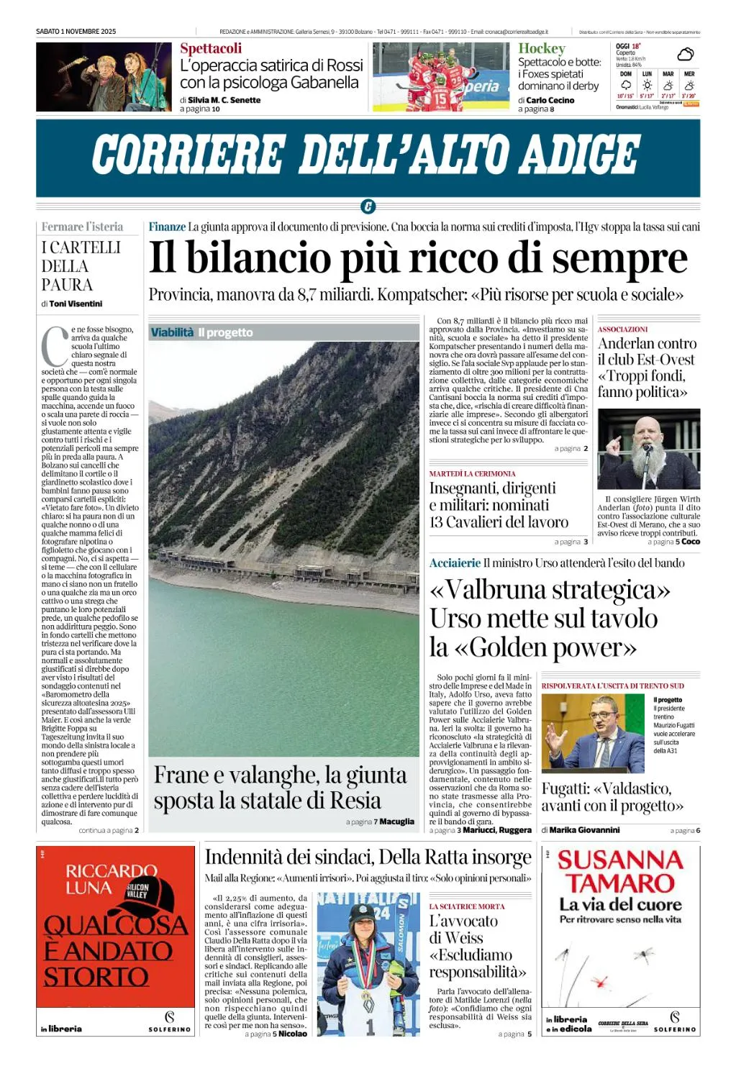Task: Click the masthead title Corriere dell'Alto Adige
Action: coord(365,155)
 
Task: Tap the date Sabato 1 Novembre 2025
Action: coord(76,32)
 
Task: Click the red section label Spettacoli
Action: coord(211,48)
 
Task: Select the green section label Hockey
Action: coord(542,48)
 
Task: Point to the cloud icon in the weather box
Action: coord(686,54)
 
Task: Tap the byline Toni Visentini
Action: coord(76,304)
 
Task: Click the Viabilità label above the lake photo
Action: coord(172,332)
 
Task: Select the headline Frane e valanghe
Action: coord(281,787)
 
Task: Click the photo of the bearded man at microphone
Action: coord(648,449)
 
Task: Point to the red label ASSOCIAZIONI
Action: coord(622,329)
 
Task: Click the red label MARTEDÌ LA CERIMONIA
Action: coord(472,474)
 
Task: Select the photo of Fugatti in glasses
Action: coord(593,733)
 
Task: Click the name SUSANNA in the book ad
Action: coord(620,860)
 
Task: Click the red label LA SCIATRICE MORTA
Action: coord(467,906)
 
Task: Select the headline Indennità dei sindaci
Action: coord(368,857)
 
